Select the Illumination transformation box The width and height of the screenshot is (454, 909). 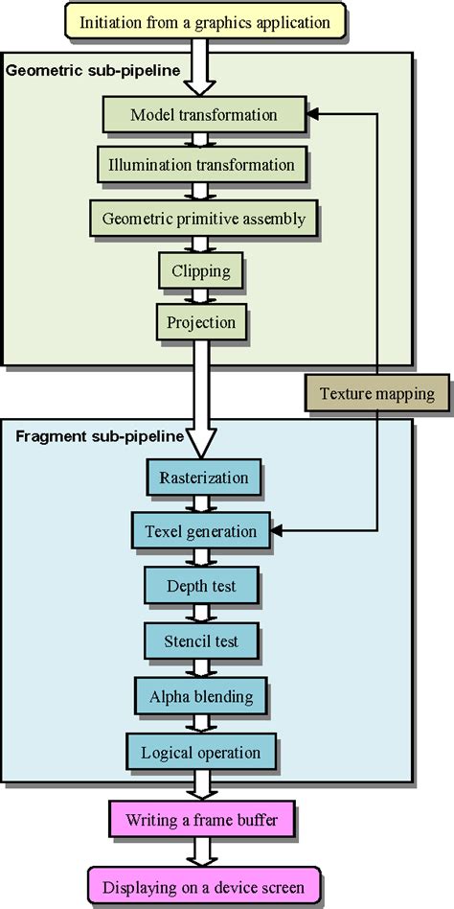[202, 165]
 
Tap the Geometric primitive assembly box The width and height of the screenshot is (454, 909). [202, 219]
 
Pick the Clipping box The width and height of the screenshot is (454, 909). [202, 270]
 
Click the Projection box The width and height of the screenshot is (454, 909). [202, 323]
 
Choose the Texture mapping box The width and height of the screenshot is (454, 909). [376, 393]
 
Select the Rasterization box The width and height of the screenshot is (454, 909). [202, 478]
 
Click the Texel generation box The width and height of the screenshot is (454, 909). [201, 530]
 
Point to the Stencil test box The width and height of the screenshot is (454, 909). [202, 641]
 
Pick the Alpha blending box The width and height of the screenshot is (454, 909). [201, 695]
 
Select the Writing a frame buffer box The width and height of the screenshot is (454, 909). [202, 821]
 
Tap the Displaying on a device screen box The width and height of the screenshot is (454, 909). [203, 887]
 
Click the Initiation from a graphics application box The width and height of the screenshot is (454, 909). [204, 22]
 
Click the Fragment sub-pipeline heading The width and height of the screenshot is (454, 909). [99, 436]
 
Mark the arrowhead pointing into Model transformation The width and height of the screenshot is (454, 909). [312, 115]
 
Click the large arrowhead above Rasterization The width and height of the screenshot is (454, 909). [202, 442]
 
